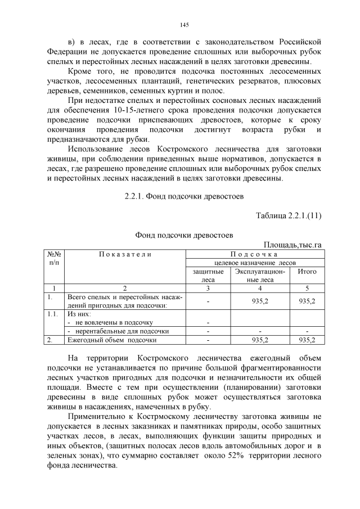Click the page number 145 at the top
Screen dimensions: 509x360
pos(184,25)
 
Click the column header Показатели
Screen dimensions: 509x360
pos(125,254)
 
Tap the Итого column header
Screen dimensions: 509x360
pos(307,272)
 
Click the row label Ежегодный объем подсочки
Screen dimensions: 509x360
pos(112,340)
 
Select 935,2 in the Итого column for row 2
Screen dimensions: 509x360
pos(307,340)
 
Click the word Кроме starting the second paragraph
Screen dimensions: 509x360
pos(80,71)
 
